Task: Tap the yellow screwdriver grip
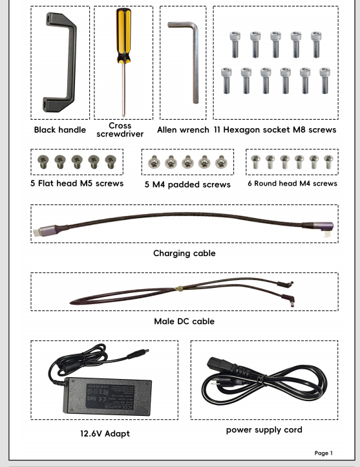point(123,35)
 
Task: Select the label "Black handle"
point(60,130)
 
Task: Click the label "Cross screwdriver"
point(120,130)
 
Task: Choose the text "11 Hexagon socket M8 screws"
point(275,130)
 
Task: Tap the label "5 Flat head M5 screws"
point(77,183)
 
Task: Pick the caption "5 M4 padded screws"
point(187,184)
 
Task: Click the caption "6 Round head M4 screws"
point(292,184)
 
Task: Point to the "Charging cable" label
point(184,253)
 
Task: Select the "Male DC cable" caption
point(184,321)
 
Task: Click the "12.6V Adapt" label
point(105,433)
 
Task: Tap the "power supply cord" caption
point(264,429)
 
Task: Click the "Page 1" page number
point(323,453)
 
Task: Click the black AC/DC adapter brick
point(107,396)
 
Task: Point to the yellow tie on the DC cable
point(180,288)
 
